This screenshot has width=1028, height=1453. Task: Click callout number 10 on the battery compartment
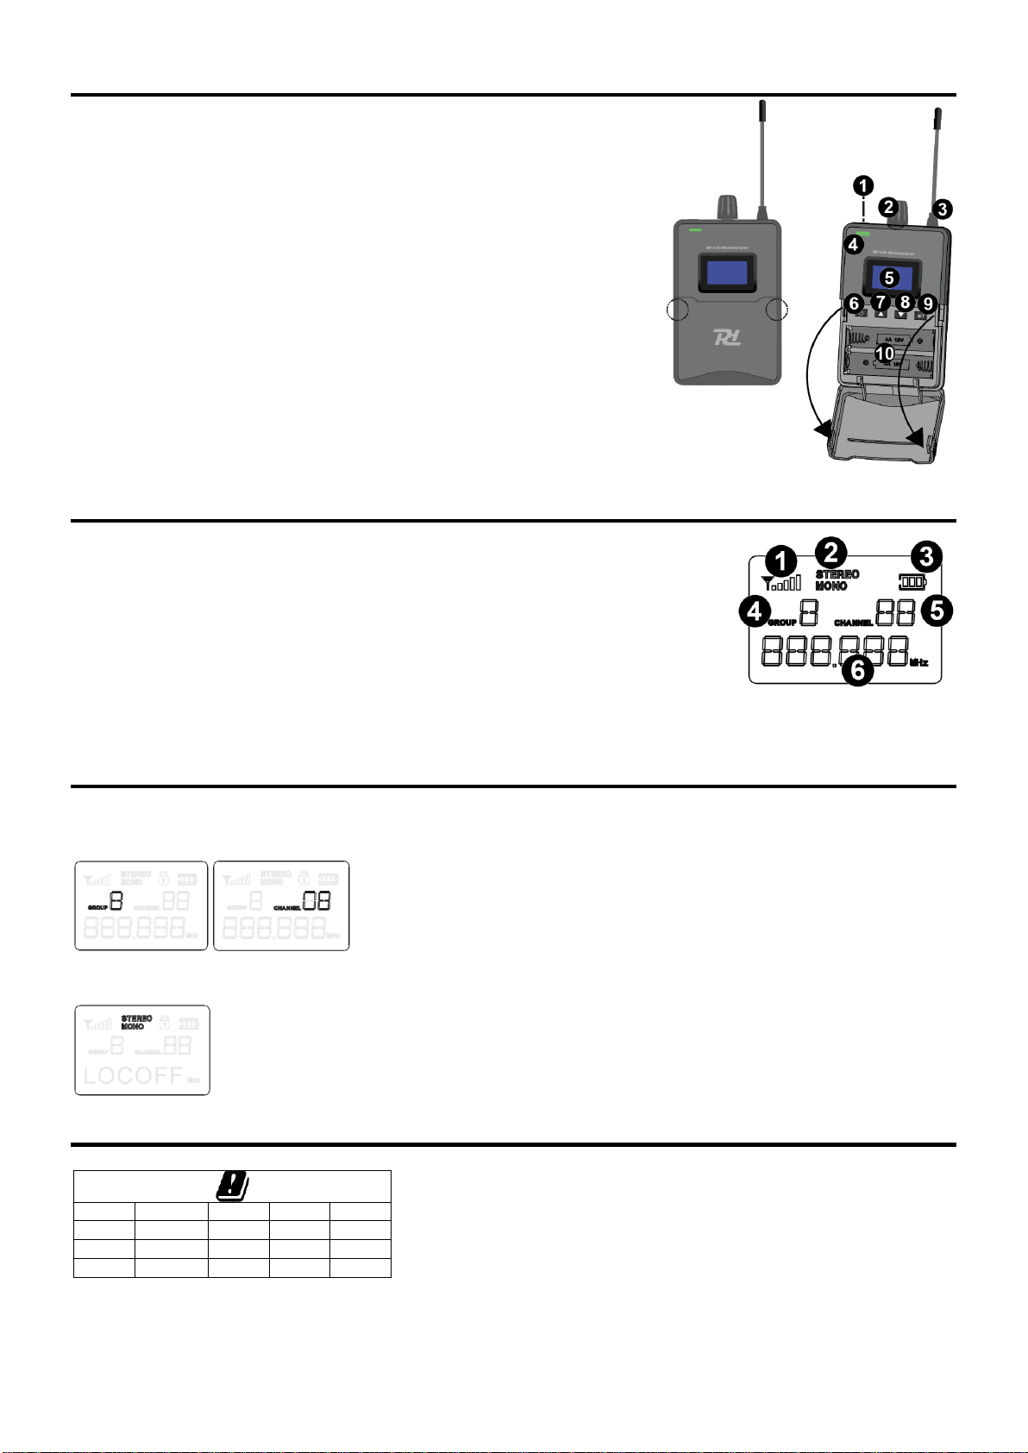click(885, 354)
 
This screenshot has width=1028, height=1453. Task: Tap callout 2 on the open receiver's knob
click(889, 206)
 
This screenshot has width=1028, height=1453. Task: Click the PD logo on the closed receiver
click(726, 337)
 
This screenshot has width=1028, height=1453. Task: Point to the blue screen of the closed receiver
click(726, 273)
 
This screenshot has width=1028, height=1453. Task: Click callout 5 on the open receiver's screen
click(889, 278)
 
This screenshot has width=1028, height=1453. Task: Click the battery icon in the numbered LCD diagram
click(912, 581)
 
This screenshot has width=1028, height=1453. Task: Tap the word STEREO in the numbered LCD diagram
click(837, 574)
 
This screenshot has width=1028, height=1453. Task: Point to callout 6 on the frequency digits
click(857, 669)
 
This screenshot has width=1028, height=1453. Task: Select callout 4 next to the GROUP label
click(755, 612)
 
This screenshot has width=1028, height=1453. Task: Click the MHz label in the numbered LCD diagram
click(919, 663)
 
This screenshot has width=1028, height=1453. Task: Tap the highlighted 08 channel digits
click(317, 902)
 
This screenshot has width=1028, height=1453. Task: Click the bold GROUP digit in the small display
click(116, 902)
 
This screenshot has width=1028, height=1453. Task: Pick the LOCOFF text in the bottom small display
click(133, 1075)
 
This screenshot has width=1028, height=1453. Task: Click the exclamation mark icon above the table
click(231, 1186)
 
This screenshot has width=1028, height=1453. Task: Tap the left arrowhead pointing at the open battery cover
click(822, 429)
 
